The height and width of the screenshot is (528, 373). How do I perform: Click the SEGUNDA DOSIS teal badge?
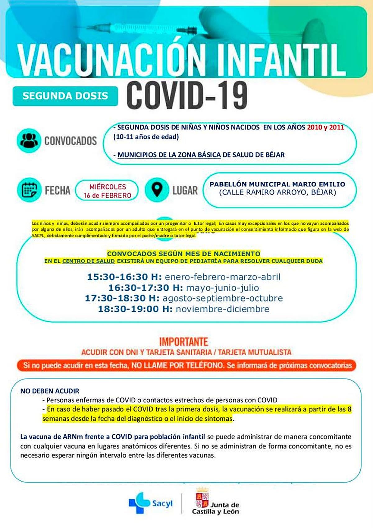pos(65,96)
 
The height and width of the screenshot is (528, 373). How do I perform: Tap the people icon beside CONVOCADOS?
pos(29,140)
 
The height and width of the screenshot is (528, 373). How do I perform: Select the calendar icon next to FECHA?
pos(29,190)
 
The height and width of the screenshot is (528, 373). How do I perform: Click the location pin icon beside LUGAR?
pos(157,190)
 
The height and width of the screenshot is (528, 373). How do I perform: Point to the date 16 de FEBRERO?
pos(107,195)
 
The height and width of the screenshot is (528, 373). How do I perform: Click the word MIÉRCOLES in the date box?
pos(108,187)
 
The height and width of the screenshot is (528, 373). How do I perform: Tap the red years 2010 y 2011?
pos(325,127)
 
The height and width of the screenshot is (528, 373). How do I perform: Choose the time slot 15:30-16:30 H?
pos(124,277)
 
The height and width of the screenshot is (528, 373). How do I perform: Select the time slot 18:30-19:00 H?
pos(135,309)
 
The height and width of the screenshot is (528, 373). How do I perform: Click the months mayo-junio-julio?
pos(223,287)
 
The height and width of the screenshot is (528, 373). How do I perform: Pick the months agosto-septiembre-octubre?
pos(223,298)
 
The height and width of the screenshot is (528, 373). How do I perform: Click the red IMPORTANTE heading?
pos(183,342)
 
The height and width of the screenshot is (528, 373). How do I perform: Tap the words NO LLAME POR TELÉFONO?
pos(177,365)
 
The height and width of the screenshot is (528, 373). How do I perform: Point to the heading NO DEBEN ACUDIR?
pos(50,391)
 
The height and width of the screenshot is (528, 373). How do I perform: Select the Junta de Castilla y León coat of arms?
pos(202,498)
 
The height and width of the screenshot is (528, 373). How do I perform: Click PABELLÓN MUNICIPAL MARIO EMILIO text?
pos(277,184)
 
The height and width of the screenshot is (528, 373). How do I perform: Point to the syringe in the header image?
pos(149,30)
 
